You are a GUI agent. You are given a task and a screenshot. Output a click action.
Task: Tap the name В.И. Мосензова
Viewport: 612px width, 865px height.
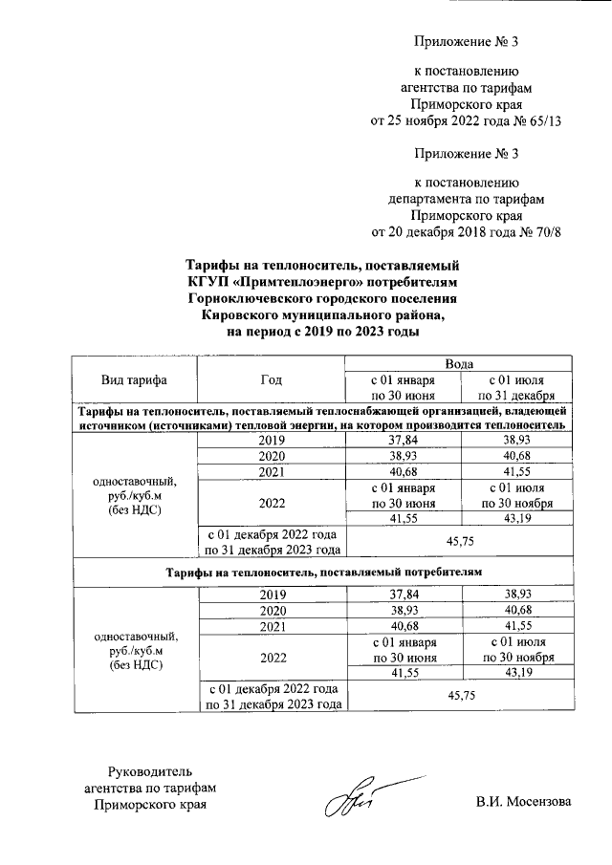(524, 801)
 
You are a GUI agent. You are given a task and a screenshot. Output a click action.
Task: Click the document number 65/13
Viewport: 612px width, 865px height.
(539, 121)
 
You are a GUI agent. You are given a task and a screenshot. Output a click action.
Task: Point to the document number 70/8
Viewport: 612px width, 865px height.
(543, 231)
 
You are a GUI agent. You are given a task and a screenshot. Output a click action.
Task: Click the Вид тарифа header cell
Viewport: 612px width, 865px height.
(134, 379)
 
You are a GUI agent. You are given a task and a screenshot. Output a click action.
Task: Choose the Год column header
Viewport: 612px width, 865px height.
(271, 379)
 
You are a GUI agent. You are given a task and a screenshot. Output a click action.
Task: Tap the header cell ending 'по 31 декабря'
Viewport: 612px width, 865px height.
(518, 395)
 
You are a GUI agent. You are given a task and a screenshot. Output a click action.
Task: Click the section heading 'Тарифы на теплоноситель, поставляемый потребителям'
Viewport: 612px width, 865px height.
(321, 571)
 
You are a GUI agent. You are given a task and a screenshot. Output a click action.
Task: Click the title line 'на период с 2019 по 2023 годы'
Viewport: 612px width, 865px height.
(322, 331)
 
